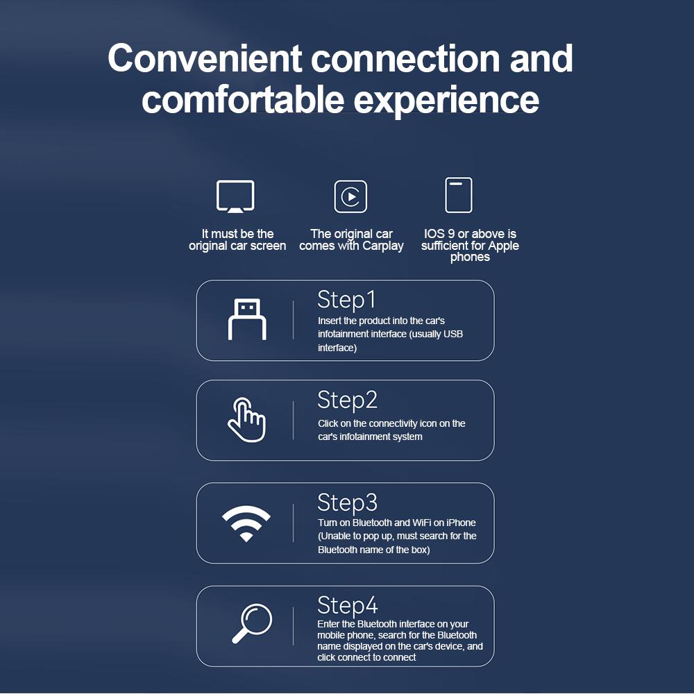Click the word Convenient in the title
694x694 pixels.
205,58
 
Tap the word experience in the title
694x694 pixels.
446,100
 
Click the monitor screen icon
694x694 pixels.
235,196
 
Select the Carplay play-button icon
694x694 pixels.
350,196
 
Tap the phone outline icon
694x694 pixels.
459,195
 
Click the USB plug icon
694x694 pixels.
247,319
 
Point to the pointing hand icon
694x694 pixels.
246,420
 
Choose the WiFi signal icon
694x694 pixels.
246,523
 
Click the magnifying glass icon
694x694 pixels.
253,623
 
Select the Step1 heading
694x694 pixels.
346,300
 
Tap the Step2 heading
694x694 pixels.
348,400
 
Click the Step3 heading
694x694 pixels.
348,502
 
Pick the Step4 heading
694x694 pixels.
348,605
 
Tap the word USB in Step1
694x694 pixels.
452,334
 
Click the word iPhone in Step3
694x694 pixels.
461,523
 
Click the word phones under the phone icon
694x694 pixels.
470,257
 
